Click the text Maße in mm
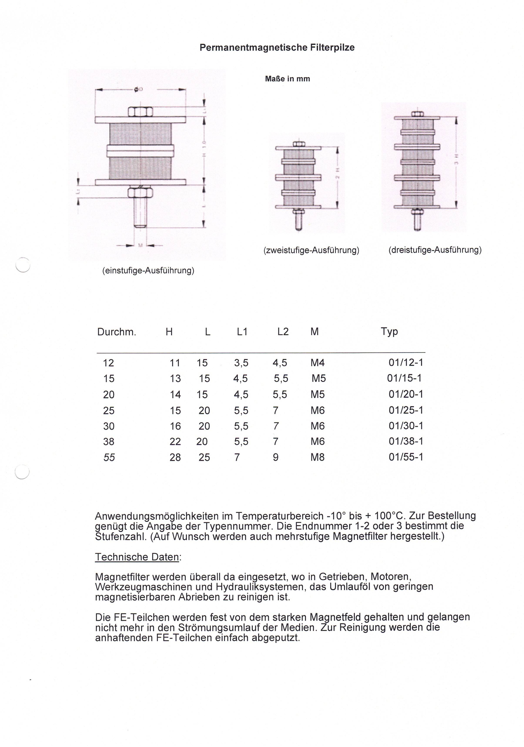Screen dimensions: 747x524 click(x=287, y=79)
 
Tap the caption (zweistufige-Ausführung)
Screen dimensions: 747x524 click(x=311, y=250)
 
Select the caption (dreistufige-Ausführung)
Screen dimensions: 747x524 click(x=435, y=250)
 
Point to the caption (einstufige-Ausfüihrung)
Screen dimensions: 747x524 click(x=148, y=270)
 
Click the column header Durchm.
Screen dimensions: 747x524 click(x=117, y=332)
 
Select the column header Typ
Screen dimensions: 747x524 click(x=389, y=331)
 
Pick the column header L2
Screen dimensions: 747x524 click(x=283, y=331)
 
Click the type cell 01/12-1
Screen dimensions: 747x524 click(x=405, y=363)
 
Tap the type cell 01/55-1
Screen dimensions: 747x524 click(x=405, y=457)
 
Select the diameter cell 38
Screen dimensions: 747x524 click(x=109, y=441)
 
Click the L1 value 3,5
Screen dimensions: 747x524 click(x=241, y=363)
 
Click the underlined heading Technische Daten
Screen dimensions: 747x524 click(x=137, y=557)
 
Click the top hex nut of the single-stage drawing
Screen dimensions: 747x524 click(x=140, y=112)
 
